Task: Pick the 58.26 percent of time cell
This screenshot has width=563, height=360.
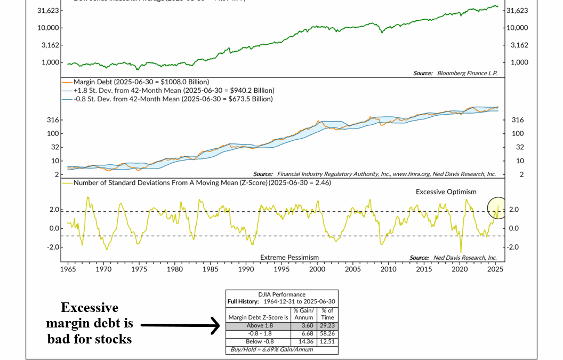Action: (327, 333)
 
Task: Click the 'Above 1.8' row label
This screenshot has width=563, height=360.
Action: (258, 325)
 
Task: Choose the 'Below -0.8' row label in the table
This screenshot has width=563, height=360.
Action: (258, 341)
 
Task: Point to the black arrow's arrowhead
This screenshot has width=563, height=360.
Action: (216, 325)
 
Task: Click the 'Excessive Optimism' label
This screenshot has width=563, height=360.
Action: (446, 191)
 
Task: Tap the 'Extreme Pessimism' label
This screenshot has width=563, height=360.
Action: (289, 258)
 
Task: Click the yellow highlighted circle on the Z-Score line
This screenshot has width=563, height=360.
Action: (497, 208)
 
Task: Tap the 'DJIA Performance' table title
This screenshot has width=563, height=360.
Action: (281, 294)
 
